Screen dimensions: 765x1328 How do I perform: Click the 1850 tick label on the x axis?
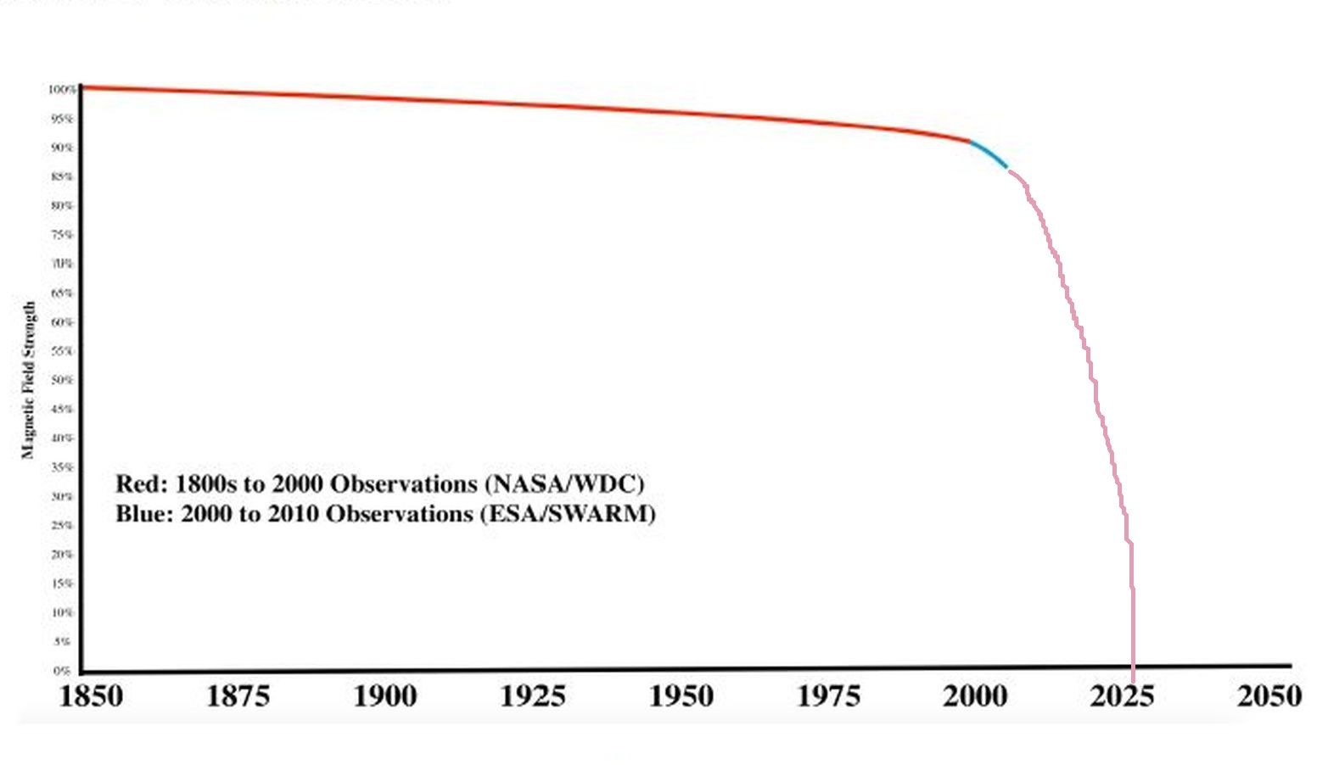pos(91,696)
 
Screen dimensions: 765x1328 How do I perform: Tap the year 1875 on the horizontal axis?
pos(238,696)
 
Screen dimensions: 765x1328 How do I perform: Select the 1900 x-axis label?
pos(385,696)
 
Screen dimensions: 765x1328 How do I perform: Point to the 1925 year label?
pos(533,696)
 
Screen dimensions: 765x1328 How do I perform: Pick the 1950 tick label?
pos(681,696)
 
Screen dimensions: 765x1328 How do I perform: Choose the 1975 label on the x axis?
pos(828,696)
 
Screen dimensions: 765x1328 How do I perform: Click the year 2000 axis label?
pos(975,696)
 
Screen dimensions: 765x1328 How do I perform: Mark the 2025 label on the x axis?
pos(1122,696)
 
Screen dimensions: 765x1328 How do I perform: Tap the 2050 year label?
pos(1269,696)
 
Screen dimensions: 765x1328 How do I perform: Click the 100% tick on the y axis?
pos(61,89)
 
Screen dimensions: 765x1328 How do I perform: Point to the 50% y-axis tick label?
pos(62,380)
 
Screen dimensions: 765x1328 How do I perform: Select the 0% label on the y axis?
pos(62,671)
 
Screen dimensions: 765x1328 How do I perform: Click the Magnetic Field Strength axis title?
pos(29,380)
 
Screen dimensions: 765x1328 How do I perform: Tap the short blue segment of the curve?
pos(989,154)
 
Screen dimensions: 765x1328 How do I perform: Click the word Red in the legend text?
pos(141,484)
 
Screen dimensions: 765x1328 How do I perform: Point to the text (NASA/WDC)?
pos(565,484)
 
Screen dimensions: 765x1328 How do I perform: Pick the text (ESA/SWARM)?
pos(569,514)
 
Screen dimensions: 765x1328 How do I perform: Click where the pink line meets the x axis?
pos(1133,667)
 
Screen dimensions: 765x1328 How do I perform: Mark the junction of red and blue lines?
pos(970,141)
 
